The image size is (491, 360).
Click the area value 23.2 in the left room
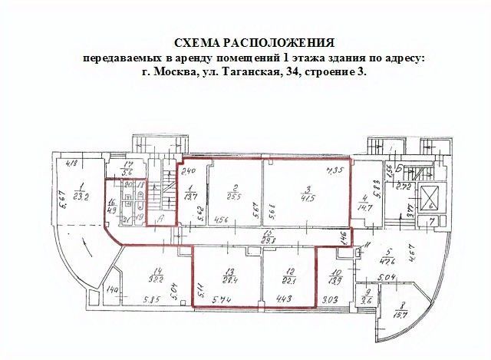click(82, 197)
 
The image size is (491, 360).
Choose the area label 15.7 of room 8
click(400, 315)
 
